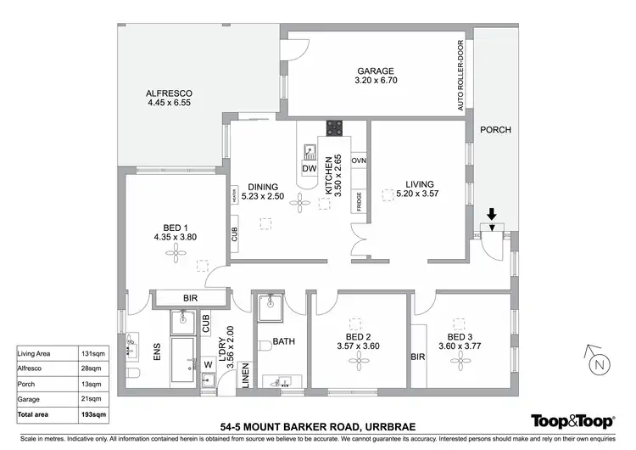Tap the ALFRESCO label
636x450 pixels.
170,93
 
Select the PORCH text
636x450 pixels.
495,130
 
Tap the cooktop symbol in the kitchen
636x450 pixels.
335,130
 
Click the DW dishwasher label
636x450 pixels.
308,169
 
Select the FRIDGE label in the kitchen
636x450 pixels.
359,202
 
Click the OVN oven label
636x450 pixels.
359,160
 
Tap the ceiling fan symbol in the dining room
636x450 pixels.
301,202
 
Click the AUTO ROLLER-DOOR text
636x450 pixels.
460,76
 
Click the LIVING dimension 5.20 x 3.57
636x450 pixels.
419,194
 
